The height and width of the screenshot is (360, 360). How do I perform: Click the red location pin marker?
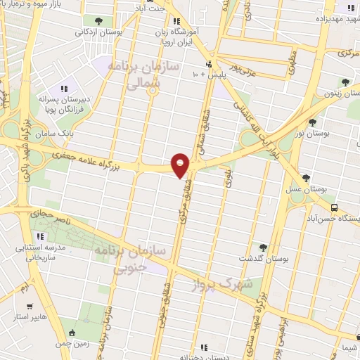pyautogui.click(x=181, y=164)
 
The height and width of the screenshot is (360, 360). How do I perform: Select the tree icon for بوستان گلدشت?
pyautogui.click(x=263, y=247)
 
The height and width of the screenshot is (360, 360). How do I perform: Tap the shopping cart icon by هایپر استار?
pyautogui.click(x=29, y=307)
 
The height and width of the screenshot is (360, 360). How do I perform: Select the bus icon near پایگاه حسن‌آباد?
pyautogui.click(x=334, y=208)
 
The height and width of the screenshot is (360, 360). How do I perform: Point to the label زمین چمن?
pyautogui.click(x=72, y=343)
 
